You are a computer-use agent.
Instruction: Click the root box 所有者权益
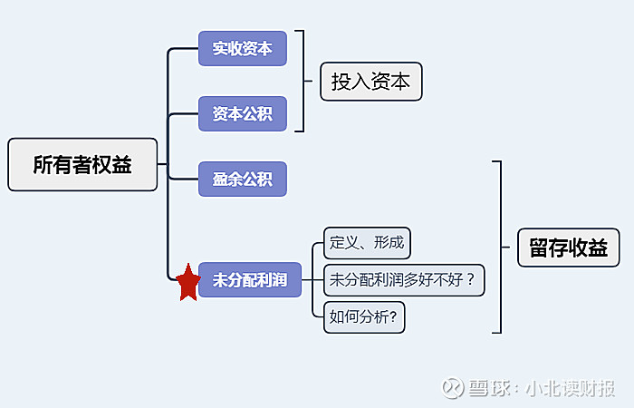tap(82, 165)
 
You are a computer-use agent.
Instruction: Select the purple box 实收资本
tap(242, 49)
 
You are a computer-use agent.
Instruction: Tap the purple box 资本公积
tap(242, 114)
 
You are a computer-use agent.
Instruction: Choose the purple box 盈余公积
tap(242, 180)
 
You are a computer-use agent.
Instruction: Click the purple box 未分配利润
tap(249, 280)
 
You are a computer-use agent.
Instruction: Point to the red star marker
tap(187, 283)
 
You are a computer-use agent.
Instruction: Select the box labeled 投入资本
tap(370, 82)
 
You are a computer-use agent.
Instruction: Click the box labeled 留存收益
tap(568, 247)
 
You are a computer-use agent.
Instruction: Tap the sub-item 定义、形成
tap(367, 243)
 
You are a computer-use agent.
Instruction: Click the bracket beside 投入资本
tap(302, 82)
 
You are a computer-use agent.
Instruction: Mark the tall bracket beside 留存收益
tap(498, 247)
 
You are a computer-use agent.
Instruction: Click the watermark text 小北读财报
tap(572, 388)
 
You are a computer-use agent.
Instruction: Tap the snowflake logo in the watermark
tap(452, 387)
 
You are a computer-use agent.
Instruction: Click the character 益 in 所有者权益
tap(122, 165)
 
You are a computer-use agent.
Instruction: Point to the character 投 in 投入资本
tap(341, 82)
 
